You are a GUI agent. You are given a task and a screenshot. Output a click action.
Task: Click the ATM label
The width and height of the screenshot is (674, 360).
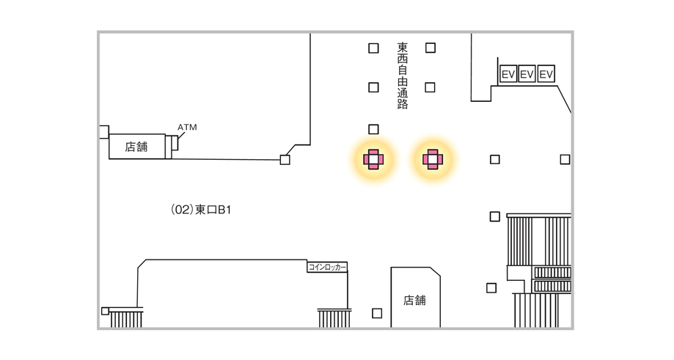click(187, 128)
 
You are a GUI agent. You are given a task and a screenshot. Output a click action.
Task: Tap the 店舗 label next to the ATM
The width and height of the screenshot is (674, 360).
click(136, 147)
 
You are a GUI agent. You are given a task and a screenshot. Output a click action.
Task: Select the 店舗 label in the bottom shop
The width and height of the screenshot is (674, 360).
click(414, 300)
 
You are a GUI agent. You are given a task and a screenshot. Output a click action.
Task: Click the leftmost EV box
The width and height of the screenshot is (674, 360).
click(508, 74)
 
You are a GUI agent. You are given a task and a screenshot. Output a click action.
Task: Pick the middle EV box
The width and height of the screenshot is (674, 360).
click(527, 74)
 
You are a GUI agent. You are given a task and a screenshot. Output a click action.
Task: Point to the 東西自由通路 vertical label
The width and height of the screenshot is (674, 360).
click(402, 75)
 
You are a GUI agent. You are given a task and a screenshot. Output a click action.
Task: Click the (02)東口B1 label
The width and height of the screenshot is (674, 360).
click(201, 210)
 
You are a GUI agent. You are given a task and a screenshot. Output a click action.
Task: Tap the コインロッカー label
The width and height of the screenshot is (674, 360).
click(327, 268)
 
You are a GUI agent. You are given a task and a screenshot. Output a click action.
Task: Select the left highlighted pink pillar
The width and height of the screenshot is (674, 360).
click(373, 158)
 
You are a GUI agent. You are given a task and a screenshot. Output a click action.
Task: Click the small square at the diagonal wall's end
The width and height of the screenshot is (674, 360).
click(285, 160)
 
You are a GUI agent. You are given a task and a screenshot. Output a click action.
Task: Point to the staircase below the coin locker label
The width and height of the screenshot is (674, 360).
click(334, 318)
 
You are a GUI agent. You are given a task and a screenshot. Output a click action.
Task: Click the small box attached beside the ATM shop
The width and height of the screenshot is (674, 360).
click(173, 147)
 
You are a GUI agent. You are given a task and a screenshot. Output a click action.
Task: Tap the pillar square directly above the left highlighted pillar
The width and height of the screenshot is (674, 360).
click(373, 130)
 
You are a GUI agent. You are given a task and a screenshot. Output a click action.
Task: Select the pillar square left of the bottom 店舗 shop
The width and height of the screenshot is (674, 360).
click(377, 313)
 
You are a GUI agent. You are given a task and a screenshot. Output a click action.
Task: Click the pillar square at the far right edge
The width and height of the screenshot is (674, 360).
click(565, 159)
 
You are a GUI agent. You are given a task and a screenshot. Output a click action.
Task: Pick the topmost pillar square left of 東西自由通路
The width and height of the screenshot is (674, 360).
click(373, 48)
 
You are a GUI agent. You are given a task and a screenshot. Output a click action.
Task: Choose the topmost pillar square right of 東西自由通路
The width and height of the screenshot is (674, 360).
click(431, 48)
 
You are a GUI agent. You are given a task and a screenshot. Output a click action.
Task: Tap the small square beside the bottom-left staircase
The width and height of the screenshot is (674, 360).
click(105, 311)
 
